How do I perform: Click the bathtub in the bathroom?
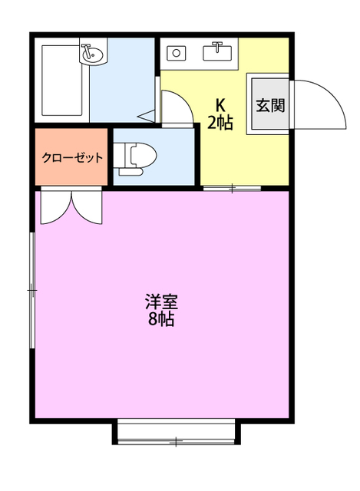(x=61, y=81)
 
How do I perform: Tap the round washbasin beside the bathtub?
(x=92, y=54)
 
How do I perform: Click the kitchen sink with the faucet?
(x=220, y=52)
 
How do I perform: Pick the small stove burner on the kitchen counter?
(x=176, y=53)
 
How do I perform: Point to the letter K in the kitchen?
(x=220, y=105)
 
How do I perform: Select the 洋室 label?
(x=161, y=302)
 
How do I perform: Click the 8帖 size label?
(x=161, y=319)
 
